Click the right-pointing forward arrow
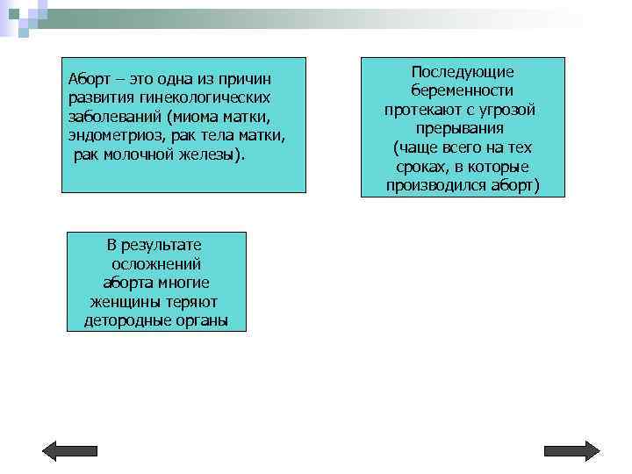571,450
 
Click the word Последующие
463,71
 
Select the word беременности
463,90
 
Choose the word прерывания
463,128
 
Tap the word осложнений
156,263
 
